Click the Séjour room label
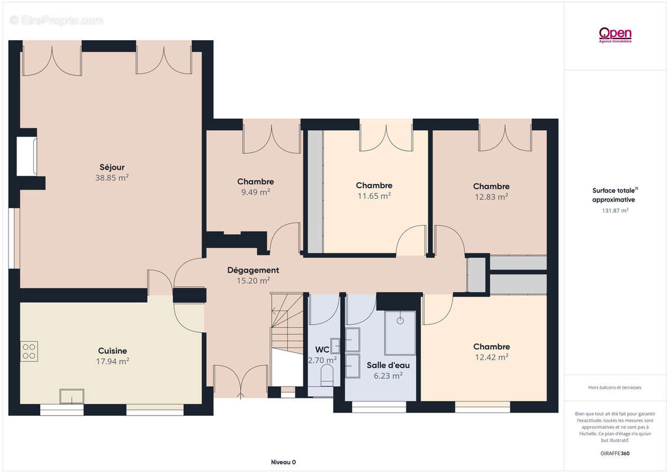[112, 167]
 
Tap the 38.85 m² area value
[112, 178]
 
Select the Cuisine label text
[112, 351]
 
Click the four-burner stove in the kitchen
[29, 351]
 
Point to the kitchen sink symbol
[72, 396]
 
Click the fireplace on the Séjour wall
[27, 156]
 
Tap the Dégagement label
[253, 270]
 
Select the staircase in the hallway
[287, 339]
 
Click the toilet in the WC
[327, 375]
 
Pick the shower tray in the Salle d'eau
[400, 333]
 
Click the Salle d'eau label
[388, 365]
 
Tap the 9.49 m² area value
[256, 192]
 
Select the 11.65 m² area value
[374, 196]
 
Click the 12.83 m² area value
[492, 197]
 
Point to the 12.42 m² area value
[492, 358]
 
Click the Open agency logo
[615, 34]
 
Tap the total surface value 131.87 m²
[615, 210]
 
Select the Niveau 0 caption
[283, 462]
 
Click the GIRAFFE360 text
[615, 453]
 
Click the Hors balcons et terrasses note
[615, 388]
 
